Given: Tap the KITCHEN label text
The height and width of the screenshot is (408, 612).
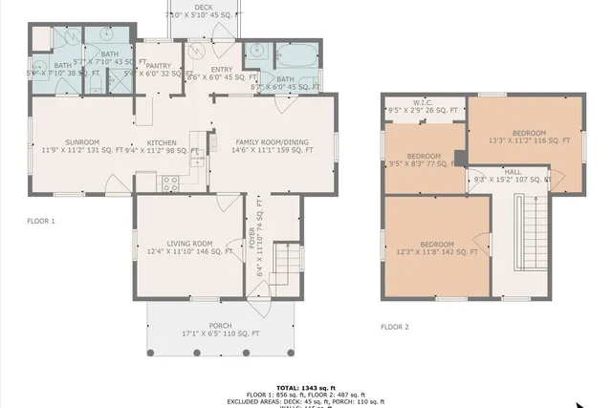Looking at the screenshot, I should pos(161,141).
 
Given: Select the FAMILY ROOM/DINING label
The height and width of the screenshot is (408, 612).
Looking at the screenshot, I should pos(273,141).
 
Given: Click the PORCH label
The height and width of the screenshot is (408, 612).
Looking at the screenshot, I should pos(199,325).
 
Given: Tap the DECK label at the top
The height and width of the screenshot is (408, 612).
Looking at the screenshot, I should pos(204,7).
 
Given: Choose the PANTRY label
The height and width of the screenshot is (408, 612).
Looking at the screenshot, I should pos(159,65).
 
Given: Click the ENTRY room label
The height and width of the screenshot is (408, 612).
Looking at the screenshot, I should pos(222,69).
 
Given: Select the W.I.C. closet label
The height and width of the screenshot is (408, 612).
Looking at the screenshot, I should pos(425,101).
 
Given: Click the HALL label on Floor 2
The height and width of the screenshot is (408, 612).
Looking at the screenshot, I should pos(514,171).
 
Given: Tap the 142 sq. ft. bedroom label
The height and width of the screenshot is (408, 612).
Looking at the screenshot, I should pos(435,244).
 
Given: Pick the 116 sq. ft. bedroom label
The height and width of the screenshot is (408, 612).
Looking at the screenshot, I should pos(529,132).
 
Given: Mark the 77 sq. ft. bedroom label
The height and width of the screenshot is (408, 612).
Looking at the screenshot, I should pos(423,156).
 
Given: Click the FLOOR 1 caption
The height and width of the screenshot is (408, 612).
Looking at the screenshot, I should pos(41,221).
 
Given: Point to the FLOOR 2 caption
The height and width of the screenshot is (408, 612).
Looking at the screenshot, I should pos(394,327).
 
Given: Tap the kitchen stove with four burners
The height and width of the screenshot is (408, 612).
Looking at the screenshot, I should pos(170,182).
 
